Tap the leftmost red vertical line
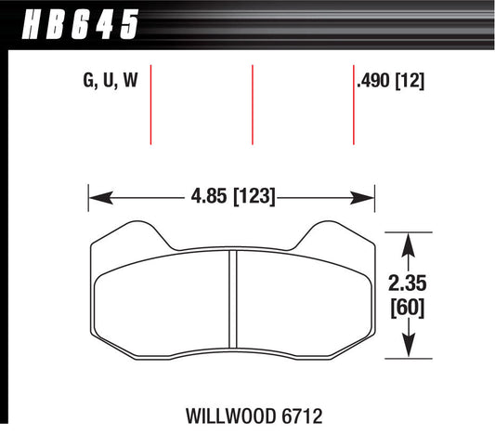point(150,104)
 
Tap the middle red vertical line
point(253,104)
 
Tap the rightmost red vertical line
point(354,104)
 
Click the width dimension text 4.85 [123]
point(231,197)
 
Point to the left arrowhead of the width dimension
point(98,197)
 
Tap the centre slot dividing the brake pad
point(232,297)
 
